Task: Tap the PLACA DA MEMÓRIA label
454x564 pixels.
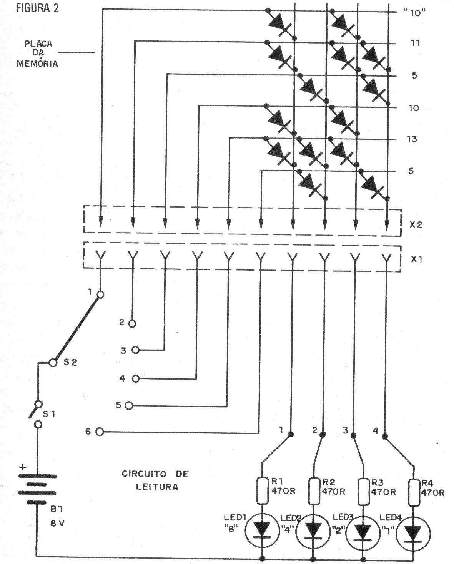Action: point(37,54)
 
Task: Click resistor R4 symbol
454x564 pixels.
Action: point(414,492)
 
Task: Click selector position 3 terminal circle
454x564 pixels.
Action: point(135,350)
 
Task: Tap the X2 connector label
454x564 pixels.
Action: point(416,224)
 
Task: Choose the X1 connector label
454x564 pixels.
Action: point(416,259)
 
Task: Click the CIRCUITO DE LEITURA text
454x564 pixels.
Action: point(156,480)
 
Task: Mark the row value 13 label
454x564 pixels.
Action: point(412,139)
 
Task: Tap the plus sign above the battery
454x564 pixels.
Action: point(23,467)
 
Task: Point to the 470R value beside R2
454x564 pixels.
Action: point(334,492)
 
